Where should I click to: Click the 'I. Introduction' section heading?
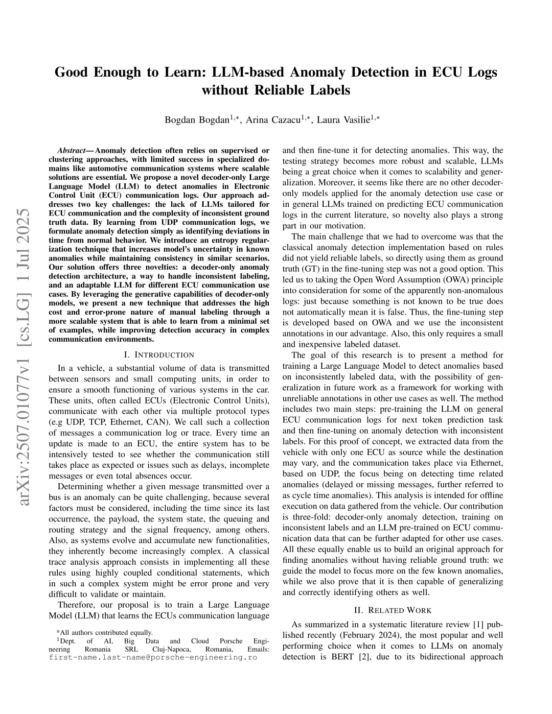159,354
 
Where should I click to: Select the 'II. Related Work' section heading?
393,610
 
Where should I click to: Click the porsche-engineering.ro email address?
153,657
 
